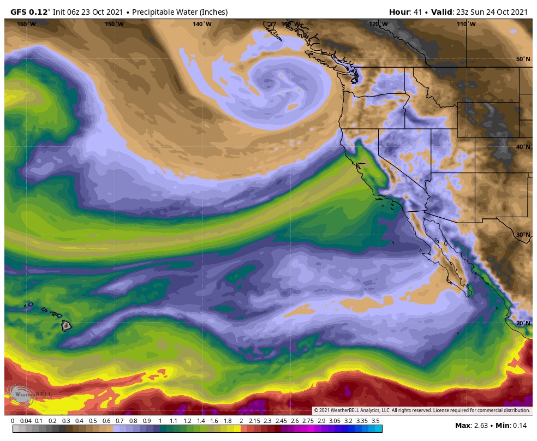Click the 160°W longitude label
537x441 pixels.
(26, 24)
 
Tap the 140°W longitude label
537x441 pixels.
(202, 24)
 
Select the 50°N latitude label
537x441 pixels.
(523, 59)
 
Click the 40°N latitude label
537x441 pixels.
(523, 147)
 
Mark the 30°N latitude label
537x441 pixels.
(523, 235)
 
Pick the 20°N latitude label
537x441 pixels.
(523, 323)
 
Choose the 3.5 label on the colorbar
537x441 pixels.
(375, 421)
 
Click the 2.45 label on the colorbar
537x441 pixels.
(281, 421)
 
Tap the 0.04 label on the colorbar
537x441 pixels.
(26, 421)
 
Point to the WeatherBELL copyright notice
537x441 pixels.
(421, 410)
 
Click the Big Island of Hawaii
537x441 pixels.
(67, 326)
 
